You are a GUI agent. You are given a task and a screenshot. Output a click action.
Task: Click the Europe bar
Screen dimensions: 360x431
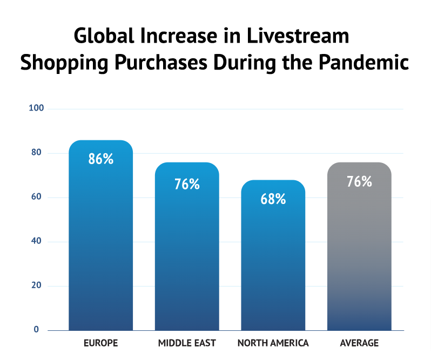[100, 243]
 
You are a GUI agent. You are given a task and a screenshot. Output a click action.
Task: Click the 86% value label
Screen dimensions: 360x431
[101, 159]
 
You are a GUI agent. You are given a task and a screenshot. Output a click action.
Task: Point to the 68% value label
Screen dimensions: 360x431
[273, 199]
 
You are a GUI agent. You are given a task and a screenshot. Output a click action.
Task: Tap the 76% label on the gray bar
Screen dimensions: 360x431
[359, 181]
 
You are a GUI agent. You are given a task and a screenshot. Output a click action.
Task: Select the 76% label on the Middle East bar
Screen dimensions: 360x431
[187, 184]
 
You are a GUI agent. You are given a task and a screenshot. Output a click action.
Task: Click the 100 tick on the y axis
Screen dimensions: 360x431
[36, 109]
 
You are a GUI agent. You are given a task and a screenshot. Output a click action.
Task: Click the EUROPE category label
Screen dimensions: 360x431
[100, 343]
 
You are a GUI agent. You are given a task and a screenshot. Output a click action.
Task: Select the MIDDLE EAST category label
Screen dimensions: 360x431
[187, 343]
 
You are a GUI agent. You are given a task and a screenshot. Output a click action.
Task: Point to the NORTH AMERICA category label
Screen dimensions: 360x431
[273, 343]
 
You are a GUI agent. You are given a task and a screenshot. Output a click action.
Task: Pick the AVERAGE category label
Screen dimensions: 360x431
[359, 343]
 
